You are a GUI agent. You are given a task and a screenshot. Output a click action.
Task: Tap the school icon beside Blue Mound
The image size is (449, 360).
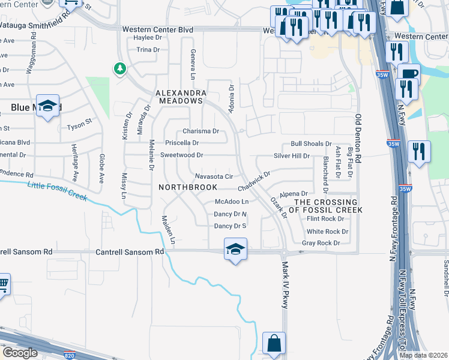pyautogui.click(x=47, y=106)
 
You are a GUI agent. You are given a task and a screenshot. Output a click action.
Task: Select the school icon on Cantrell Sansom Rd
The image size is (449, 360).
pyautogui.click(x=235, y=248)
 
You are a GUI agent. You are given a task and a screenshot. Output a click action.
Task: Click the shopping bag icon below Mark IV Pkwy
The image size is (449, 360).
pyautogui.click(x=274, y=343)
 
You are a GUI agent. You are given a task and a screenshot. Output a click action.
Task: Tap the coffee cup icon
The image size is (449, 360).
pyautogui.click(x=409, y=74)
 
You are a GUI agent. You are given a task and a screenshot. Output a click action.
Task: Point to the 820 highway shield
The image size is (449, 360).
pyautogui.click(x=70, y=354)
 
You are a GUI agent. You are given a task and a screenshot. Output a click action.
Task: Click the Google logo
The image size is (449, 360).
pyautogui.click(x=20, y=353)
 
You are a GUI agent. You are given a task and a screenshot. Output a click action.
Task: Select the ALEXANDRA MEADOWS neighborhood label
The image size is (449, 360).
pyautogui.click(x=181, y=97)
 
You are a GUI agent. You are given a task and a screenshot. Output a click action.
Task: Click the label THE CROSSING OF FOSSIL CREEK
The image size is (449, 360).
pyautogui.click(x=325, y=206)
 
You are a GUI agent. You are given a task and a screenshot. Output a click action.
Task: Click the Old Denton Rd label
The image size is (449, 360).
pyautogui.click(x=358, y=139)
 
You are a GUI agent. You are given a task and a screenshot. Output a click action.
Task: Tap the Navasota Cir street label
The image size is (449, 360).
pyautogui.click(x=214, y=176)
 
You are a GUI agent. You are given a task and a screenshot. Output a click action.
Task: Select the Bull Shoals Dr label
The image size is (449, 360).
pyautogui.click(x=311, y=144)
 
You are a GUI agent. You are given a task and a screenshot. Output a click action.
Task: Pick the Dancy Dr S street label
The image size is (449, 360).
pyautogui.click(x=231, y=226)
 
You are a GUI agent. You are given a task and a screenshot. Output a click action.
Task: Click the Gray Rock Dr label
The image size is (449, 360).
pyautogui.click(x=321, y=243)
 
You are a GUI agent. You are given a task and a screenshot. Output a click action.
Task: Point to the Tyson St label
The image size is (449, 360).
pyautogui.click(x=79, y=127)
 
